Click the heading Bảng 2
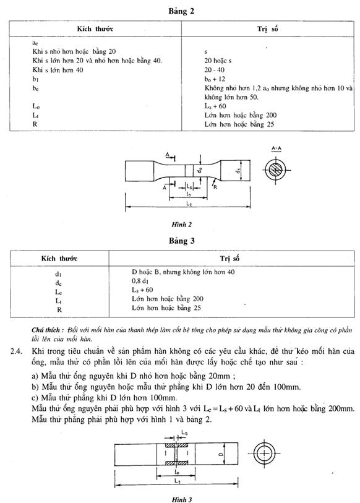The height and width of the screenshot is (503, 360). point(181,11)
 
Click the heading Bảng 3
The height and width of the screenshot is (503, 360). point(182,241)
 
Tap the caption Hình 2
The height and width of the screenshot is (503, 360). point(181,225)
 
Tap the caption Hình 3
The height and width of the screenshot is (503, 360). point(182,499)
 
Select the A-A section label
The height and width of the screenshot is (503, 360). point(276,148)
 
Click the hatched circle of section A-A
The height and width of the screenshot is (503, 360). point(276,170)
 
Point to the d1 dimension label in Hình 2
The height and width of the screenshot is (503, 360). point(238,170)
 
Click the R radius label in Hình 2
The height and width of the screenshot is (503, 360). point(215,187)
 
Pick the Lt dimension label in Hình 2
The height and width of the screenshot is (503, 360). point(189,203)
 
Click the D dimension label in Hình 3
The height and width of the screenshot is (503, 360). point(221,454)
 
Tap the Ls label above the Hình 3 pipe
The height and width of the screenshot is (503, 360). point(184,432)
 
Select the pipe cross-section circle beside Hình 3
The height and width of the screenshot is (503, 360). point(264,454)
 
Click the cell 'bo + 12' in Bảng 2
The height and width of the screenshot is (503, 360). point(215,79)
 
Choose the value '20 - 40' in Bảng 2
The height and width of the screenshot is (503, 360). point(215,70)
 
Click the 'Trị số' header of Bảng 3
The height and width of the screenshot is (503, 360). point(229,259)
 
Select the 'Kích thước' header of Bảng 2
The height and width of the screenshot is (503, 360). point(95,29)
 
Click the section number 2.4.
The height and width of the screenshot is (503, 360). point(16,351)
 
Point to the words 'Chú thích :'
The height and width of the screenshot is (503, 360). point(48,330)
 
